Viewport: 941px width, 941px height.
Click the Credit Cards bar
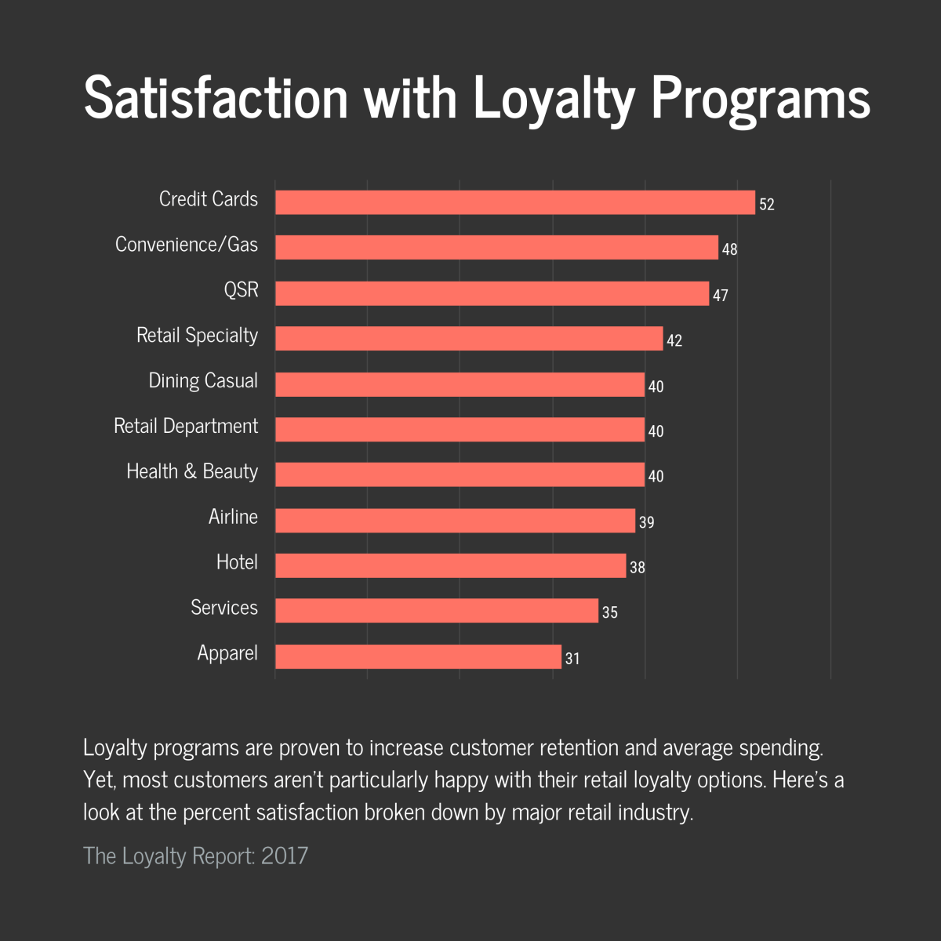(514, 202)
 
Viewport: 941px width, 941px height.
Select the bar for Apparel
(418, 656)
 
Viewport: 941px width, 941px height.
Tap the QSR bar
(492, 293)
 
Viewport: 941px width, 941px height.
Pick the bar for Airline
(455, 521)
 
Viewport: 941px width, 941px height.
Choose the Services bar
(436, 611)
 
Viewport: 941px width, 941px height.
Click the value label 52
(766, 205)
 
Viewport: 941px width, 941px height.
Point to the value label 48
(729, 250)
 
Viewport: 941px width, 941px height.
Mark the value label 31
(572, 659)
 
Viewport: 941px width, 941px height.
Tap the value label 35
(609, 612)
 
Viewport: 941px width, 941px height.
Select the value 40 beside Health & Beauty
(656, 477)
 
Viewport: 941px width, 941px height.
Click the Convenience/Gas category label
(187, 245)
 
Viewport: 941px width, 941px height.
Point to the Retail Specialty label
(197, 336)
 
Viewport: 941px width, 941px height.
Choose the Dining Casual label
(203, 381)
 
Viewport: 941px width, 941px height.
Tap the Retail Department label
(186, 426)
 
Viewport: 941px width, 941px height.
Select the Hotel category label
(237, 562)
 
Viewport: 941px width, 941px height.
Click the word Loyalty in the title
(554, 99)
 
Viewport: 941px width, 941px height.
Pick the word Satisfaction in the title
(216, 97)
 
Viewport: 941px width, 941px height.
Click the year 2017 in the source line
(285, 856)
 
